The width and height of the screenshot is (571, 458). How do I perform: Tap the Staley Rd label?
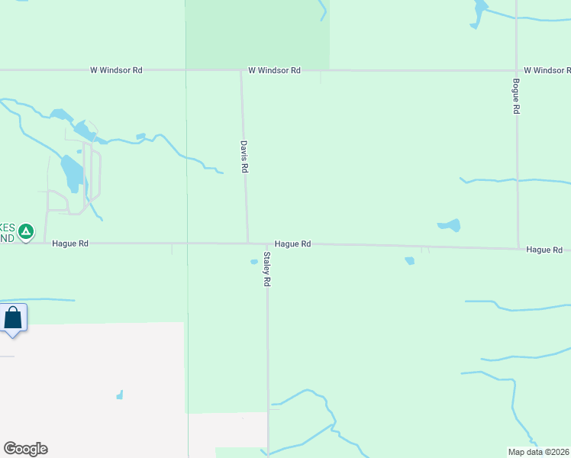[267, 269]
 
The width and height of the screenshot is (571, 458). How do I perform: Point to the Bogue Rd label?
[517, 96]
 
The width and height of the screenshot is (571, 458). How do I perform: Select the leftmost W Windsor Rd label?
[116, 70]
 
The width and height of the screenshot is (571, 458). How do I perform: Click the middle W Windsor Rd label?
[274, 70]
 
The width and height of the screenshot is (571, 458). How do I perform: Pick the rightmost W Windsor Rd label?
[547, 70]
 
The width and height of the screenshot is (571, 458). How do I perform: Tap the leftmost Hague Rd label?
[70, 244]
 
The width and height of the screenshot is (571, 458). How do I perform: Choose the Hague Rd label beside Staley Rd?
[292, 244]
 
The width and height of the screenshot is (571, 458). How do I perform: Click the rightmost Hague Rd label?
[544, 250]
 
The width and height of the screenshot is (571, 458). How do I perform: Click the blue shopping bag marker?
[13, 318]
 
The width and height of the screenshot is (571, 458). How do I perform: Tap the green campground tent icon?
[26, 231]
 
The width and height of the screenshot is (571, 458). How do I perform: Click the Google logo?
[25, 448]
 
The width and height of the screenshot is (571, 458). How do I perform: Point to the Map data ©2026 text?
[539, 452]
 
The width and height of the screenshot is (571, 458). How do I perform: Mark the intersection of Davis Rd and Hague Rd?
[248, 244]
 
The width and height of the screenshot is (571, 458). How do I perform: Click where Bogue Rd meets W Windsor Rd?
[517, 70]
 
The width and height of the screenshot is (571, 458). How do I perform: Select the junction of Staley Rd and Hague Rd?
[267, 244]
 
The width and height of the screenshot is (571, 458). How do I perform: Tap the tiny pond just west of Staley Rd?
[254, 262]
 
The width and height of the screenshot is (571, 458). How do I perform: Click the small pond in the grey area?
[120, 395]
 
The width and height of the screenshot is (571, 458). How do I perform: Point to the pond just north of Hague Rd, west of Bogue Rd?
[450, 225]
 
